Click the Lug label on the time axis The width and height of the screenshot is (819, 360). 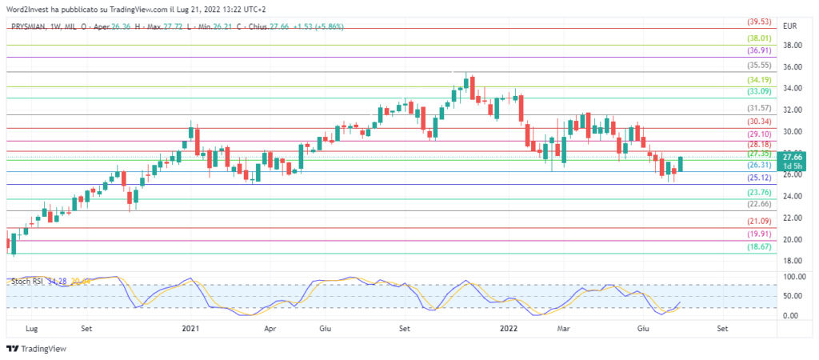pos(32,328)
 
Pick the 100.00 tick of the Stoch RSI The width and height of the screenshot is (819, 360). pos(794,277)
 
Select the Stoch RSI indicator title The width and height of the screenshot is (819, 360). pos(26,282)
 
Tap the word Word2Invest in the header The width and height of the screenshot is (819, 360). pos(30,7)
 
